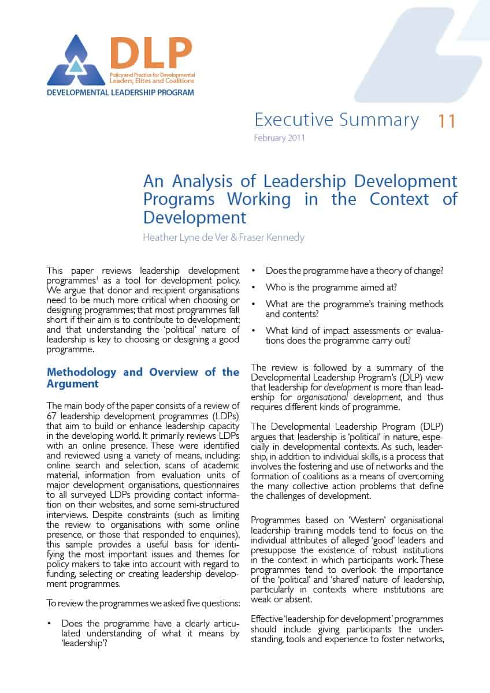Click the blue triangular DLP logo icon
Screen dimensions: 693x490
[x=76, y=62]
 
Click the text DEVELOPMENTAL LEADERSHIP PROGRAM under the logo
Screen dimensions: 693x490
[x=120, y=92]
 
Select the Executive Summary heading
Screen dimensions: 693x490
[x=336, y=120]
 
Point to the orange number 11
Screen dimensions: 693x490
[x=447, y=121]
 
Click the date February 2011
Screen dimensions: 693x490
[x=279, y=138]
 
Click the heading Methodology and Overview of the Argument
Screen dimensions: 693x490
[x=142, y=378]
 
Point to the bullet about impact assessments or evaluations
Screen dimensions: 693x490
[x=354, y=336]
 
